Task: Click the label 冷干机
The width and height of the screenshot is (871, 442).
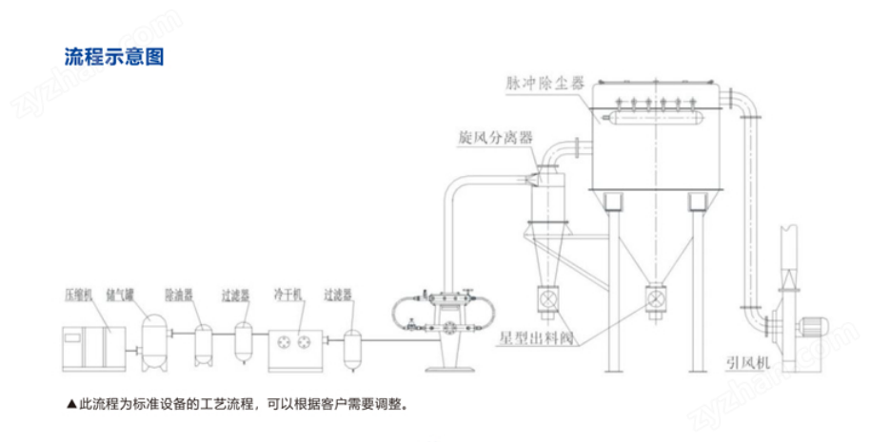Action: coord(287,295)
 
